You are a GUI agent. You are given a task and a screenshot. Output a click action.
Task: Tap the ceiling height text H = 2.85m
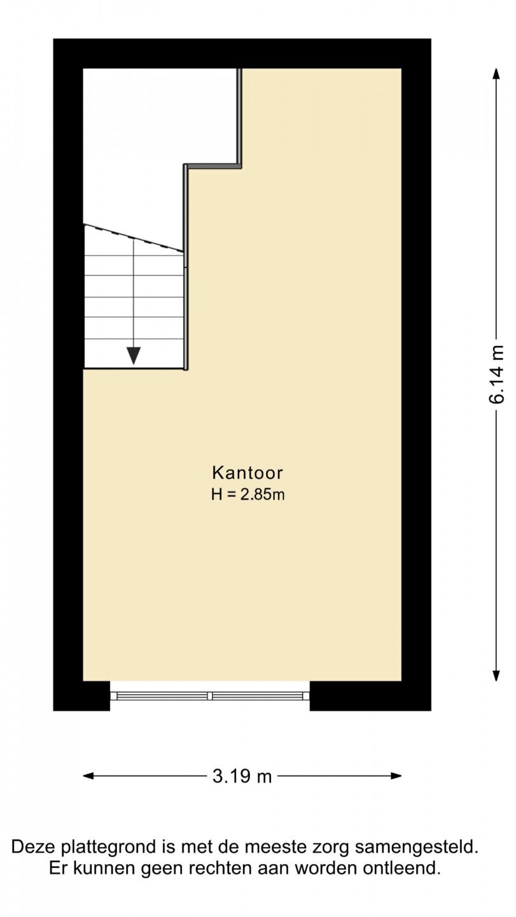(x=248, y=495)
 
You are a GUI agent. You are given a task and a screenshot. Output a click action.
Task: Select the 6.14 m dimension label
(x=497, y=374)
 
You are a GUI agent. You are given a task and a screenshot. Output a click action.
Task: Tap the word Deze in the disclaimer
(x=34, y=846)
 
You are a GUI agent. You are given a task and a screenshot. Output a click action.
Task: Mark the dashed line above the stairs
(x=133, y=238)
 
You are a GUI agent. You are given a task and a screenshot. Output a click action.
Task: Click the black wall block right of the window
(x=370, y=695)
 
